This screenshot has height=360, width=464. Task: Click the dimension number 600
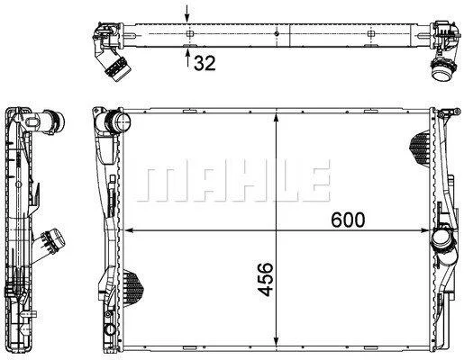click(348, 220)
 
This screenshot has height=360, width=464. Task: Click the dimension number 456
click(266, 280)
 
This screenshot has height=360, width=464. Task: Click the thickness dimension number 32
click(205, 63)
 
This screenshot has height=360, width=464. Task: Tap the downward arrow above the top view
click(187, 13)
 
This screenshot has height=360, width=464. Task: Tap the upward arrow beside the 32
click(187, 58)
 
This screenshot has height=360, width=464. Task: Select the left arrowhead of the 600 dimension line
click(129, 230)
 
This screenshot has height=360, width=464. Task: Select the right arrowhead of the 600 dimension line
click(425, 230)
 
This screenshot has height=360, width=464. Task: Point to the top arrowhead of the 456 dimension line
click(276, 118)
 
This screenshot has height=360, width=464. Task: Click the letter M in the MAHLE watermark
click(156, 184)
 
